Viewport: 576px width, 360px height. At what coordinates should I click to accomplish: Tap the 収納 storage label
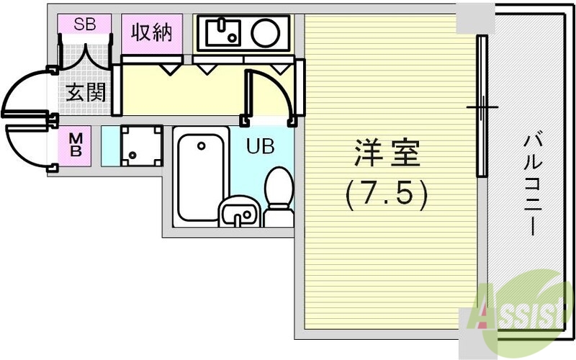click(x=152, y=33)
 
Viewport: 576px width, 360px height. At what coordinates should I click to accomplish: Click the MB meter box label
click(x=76, y=146)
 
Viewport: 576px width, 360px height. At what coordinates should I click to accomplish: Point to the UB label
click(x=260, y=146)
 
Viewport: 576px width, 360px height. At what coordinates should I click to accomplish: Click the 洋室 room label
click(x=387, y=155)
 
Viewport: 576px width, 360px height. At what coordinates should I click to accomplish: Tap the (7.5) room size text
click(x=387, y=192)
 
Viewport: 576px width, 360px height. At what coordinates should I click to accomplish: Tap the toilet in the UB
click(x=278, y=194)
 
